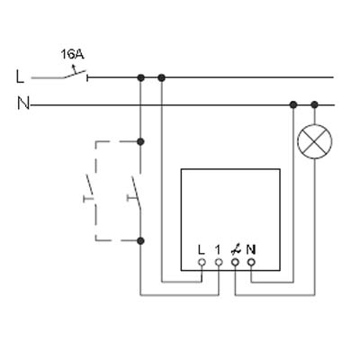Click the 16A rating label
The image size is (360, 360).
point(72,54)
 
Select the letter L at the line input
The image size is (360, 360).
point(20,76)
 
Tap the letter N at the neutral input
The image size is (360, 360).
point(23,103)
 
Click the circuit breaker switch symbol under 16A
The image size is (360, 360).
point(75,74)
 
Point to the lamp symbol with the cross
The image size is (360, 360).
point(314,141)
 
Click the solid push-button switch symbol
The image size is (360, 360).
point(134,193)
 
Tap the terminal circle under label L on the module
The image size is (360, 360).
point(202,263)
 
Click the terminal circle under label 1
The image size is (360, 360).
point(219,263)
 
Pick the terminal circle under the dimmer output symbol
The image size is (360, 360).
point(235,263)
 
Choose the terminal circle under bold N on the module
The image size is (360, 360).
point(251,263)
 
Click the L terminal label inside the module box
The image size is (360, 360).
point(202,249)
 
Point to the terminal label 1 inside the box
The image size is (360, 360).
point(218,249)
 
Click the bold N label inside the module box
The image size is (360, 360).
point(251,249)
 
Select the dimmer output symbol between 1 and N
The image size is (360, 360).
point(235,250)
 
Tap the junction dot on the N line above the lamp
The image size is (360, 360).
point(314,104)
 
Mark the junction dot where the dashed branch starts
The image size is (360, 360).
point(140,141)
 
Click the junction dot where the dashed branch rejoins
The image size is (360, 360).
point(140,240)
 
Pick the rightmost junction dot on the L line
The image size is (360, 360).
point(161,78)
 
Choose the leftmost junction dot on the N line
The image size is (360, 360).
point(293,104)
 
